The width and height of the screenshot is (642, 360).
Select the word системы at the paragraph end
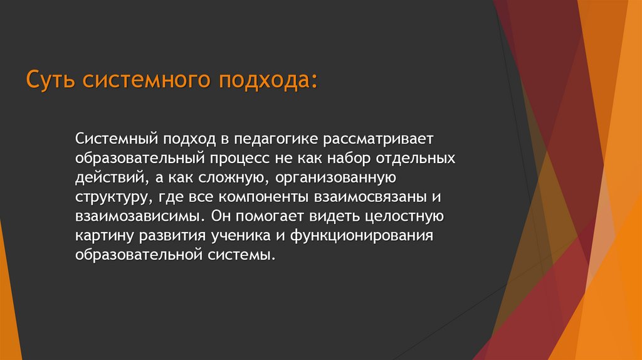pyautogui.click(x=242, y=257)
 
